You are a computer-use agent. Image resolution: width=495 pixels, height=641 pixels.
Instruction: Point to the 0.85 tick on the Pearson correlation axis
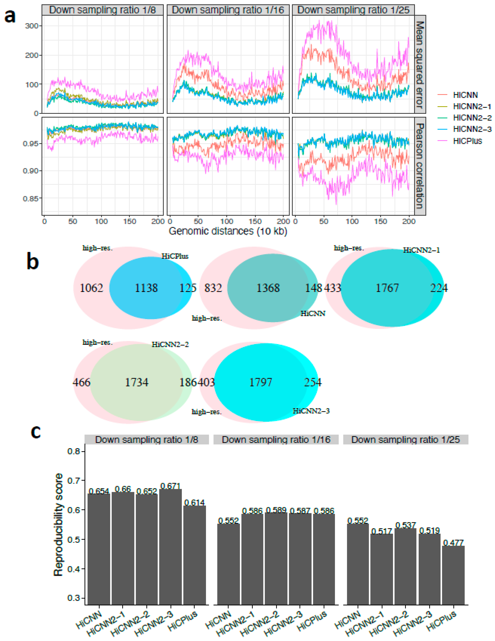click(x=31, y=198)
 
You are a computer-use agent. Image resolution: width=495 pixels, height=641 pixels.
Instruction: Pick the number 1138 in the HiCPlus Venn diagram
click(x=146, y=288)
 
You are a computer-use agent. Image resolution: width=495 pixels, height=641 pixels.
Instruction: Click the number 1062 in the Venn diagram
click(x=91, y=288)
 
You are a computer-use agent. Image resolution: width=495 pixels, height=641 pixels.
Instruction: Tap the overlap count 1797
click(x=261, y=382)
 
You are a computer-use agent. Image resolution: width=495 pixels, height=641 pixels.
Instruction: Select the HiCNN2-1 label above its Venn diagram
click(x=421, y=250)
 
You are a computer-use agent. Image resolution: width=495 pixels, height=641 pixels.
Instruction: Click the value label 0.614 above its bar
click(x=194, y=502)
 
